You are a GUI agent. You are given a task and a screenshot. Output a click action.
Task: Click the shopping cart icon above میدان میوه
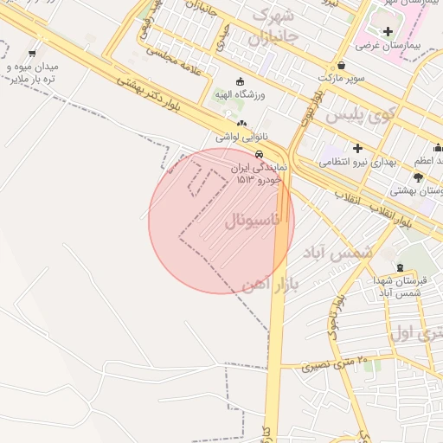pyautogui.click(x=32, y=54)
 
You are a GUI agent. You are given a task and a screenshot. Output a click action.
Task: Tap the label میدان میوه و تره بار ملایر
pyautogui.click(x=33, y=72)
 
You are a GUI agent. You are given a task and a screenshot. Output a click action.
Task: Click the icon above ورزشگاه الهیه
pyautogui.click(x=240, y=81)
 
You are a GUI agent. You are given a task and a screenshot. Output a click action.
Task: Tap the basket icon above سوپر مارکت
pyautogui.click(x=342, y=65)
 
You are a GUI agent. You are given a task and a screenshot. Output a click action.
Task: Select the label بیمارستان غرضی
pyautogui.click(x=402, y=43)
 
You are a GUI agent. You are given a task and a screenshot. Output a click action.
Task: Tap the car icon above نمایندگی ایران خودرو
pyautogui.click(x=247, y=152)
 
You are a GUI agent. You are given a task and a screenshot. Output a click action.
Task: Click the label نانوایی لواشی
pyautogui.click(x=241, y=137)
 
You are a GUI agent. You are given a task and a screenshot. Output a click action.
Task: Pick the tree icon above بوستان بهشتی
pyautogui.click(x=419, y=177)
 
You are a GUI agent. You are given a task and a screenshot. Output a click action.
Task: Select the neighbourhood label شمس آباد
pyautogui.click(x=337, y=252)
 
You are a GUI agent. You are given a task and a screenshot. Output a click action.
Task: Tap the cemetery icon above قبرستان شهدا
pyautogui.click(x=400, y=268)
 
